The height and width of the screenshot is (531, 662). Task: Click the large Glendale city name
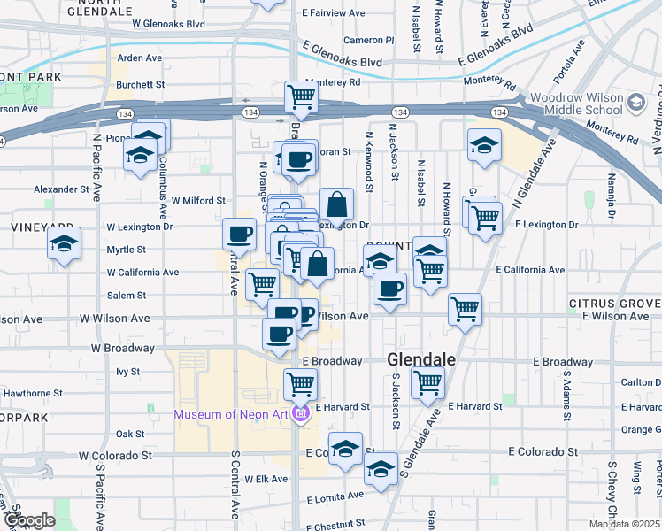(x=421, y=360)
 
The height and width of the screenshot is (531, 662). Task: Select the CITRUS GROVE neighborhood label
(x=614, y=303)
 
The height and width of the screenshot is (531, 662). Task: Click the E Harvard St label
(x=475, y=406)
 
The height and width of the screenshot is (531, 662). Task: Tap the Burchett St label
(x=141, y=85)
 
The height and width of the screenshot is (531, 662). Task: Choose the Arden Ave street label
(x=140, y=58)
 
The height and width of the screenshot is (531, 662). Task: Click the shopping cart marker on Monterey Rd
(x=301, y=97)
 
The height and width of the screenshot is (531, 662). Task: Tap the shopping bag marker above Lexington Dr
(x=336, y=205)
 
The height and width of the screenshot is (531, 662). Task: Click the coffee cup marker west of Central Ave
(x=238, y=235)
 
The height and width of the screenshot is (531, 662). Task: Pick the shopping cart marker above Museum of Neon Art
(x=300, y=383)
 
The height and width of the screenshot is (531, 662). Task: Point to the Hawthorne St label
(x=35, y=393)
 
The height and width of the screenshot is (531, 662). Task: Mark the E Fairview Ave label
(x=333, y=13)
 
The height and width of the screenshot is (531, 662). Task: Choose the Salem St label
(x=127, y=296)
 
